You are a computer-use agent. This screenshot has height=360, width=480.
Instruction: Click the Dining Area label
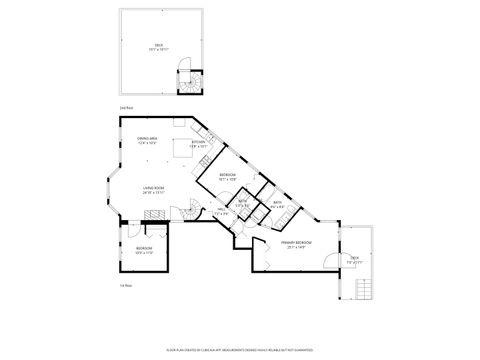coord(147,140)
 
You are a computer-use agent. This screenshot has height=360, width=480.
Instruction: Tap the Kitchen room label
coord(198,144)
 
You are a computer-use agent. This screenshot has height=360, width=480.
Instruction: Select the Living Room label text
coord(153,188)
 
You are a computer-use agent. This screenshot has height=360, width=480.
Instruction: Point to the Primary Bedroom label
coord(297,243)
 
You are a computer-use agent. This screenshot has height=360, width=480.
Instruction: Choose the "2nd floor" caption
coord(126,107)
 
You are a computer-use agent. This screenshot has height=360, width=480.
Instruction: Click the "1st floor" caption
coord(126,285)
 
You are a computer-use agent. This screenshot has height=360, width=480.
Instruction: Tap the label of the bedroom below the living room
coord(144,249)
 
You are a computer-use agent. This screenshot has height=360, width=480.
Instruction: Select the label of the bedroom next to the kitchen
coord(228,177)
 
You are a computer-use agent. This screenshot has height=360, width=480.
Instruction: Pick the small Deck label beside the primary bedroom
coord(354,258)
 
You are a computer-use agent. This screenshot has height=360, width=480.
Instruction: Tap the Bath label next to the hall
coord(241,205)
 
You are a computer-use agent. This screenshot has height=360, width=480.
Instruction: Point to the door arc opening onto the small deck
coord(330,262)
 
